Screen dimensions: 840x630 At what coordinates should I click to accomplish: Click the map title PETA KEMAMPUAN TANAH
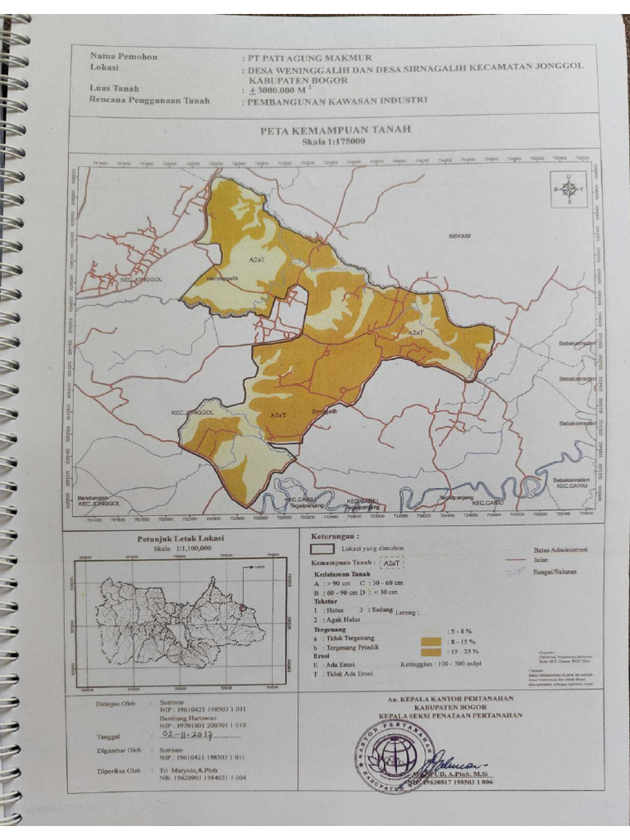pyautogui.click(x=335, y=130)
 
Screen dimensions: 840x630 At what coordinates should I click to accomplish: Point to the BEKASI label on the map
pyautogui.click(x=459, y=236)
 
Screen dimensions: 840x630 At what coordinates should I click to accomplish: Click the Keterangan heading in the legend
pyautogui.click(x=338, y=535)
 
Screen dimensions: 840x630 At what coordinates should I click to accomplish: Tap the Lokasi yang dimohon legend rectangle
pyautogui.click(x=324, y=548)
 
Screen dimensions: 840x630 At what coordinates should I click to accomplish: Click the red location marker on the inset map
pyautogui.click(x=243, y=607)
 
